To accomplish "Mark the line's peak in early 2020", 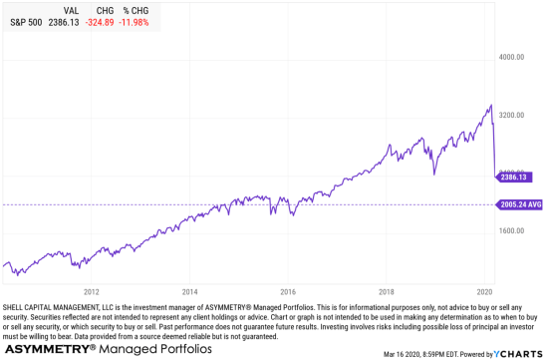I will pyautogui.click(x=490, y=106).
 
